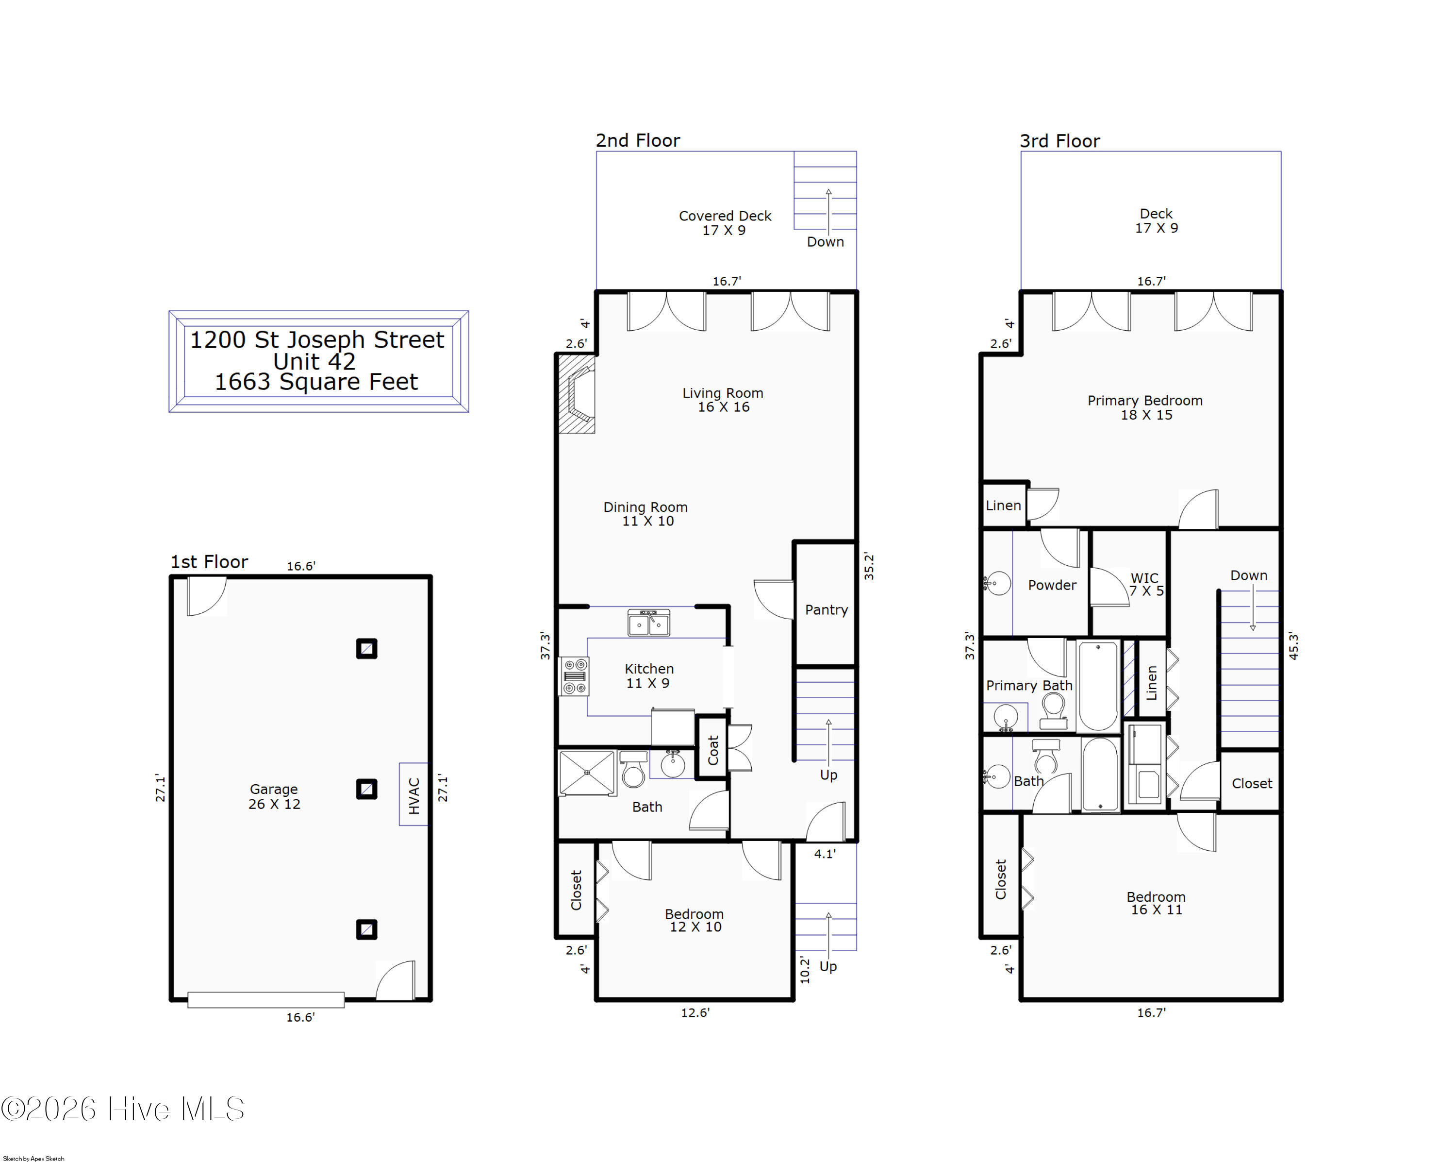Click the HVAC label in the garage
(414, 795)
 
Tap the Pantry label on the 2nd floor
(826, 610)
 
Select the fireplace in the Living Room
(576, 394)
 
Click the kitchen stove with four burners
(574, 676)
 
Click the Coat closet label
(713, 750)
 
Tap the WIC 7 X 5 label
(1146, 584)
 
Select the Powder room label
(1052, 586)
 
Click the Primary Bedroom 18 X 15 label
(1145, 407)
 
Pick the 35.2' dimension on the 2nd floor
(869, 566)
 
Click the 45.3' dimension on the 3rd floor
(1293, 646)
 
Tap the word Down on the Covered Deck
(825, 242)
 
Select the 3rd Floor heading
(1059, 141)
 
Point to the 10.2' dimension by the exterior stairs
(804, 969)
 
